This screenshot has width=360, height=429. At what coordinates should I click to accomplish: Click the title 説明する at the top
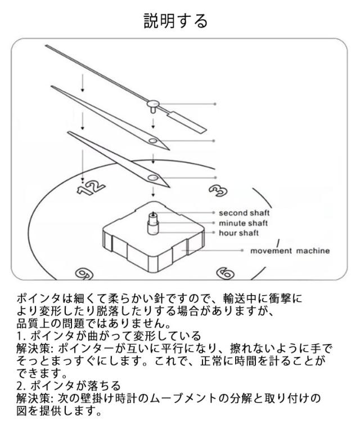[175, 21]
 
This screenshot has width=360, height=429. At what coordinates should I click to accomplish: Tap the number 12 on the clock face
[91, 187]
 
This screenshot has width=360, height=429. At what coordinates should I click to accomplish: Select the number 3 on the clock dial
[218, 190]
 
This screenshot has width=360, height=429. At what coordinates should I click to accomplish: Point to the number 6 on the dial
[225, 273]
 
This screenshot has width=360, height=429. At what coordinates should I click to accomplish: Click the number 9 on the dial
[84, 274]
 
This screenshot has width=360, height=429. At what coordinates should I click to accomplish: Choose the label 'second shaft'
[244, 213]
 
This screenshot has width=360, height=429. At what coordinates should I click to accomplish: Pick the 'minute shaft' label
[243, 224]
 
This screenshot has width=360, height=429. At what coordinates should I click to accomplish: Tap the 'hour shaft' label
[238, 233]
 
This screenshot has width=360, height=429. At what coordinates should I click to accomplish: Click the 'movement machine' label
[290, 251]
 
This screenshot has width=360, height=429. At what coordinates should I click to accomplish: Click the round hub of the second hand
[152, 104]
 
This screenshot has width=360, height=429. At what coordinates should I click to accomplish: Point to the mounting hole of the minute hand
[152, 141]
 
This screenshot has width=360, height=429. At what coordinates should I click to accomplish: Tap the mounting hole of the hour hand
[153, 177]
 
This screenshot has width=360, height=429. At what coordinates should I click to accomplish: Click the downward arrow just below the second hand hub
[153, 123]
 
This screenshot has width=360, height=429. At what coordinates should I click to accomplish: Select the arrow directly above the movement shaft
[153, 192]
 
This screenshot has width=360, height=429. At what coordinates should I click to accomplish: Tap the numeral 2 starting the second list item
[19, 386]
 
